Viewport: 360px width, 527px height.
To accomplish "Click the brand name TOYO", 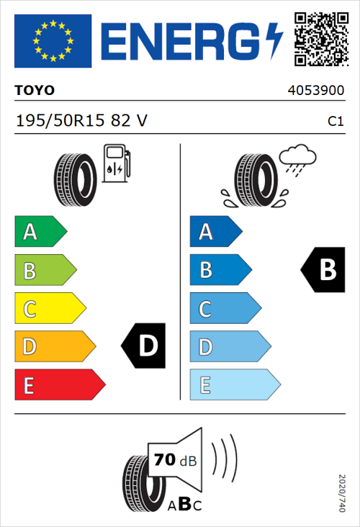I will coord(35,91).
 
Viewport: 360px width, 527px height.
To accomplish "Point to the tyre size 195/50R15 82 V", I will coord(81,121).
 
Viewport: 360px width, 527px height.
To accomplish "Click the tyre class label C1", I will coord(335,122).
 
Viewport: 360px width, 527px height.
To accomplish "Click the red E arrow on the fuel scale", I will coord(58,385).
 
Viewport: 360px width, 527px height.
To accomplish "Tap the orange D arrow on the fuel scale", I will coord(53,347).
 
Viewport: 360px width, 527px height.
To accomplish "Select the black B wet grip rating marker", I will coord(323,270).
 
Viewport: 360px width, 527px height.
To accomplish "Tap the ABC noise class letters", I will coord(185,504).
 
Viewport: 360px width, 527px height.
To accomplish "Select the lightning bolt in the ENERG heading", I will coord(274,41).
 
